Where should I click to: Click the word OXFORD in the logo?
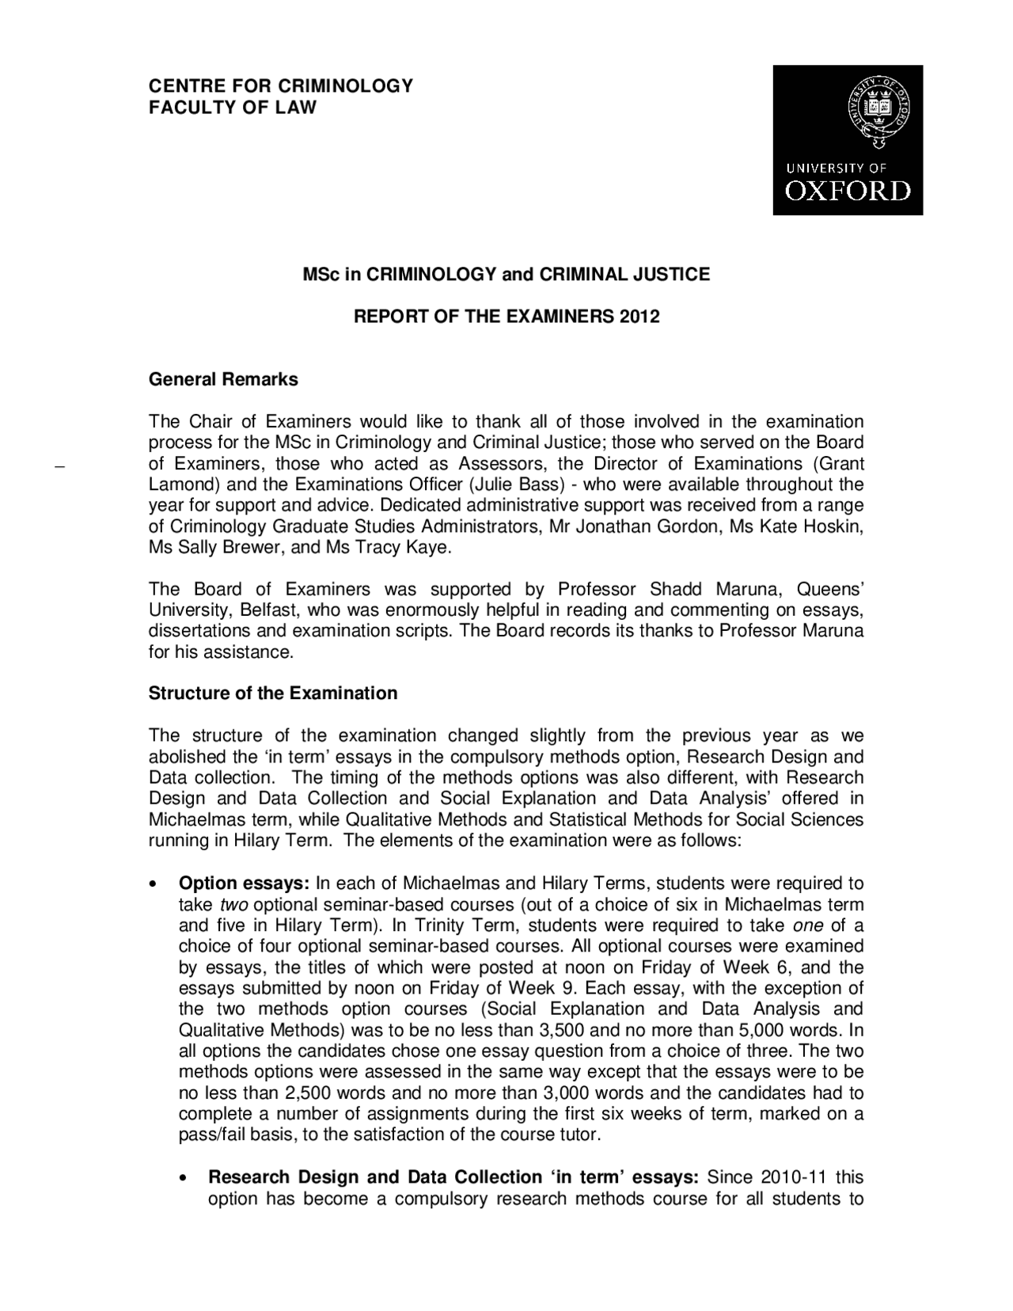[x=848, y=191]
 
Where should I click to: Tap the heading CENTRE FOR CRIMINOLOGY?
[x=281, y=85]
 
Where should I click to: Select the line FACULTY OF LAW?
[x=233, y=107]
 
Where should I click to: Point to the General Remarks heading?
[x=223, y=379]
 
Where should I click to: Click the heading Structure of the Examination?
[x=273, y=693]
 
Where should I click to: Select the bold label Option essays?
[x=244, y=883]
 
